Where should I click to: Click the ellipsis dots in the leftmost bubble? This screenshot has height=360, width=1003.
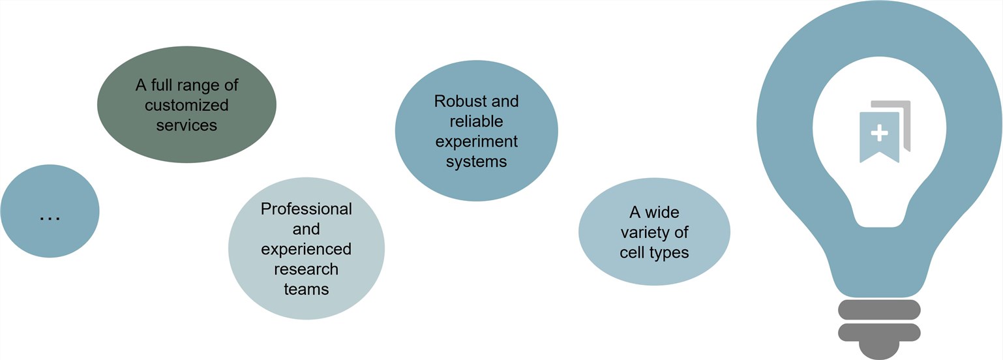[x=50, y=218]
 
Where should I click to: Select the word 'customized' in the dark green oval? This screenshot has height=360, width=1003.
[x=187, y=105]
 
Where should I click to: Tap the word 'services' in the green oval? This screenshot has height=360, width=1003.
[x=187, y=125]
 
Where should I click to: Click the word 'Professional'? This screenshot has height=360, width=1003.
[x=306, y=209]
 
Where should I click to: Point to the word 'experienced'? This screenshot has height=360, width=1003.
[x=306, y=249]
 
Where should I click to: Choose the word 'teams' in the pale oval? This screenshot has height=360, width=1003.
[x=306, y=289]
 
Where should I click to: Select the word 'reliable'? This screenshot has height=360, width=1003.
[x=476, y=121]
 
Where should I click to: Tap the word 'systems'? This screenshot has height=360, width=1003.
[x=476, y=161]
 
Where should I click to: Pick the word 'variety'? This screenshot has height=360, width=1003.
[x=654, y=232]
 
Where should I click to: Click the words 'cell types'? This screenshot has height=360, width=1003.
[x=654, y=252]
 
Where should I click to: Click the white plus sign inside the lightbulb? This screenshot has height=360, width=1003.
[x=879, y=133]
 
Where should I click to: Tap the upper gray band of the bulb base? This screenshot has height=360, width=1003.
[x=878, y=309]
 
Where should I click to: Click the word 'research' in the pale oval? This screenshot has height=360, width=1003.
[x=306, y=269]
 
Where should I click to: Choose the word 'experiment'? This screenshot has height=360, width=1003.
[x=476, y=142]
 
